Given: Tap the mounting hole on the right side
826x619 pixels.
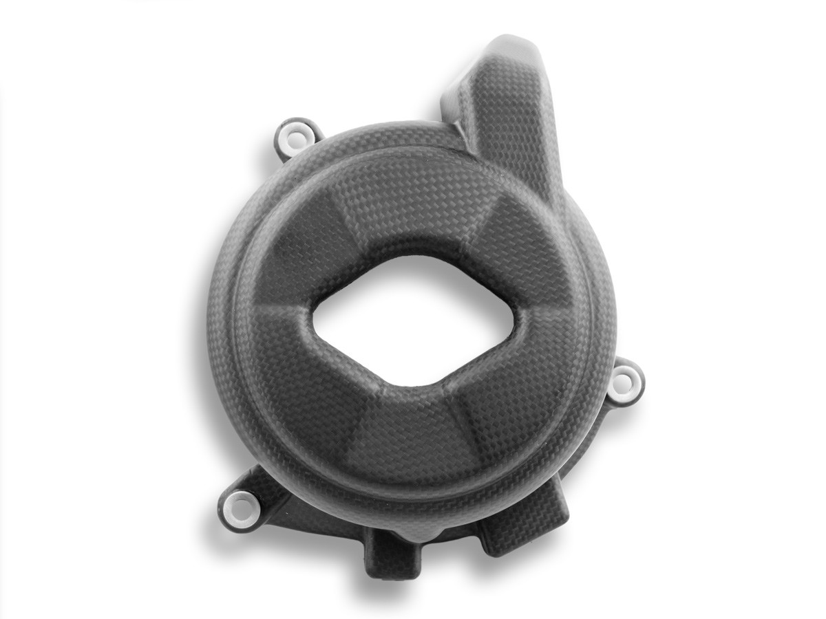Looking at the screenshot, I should (x=625, y=378).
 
